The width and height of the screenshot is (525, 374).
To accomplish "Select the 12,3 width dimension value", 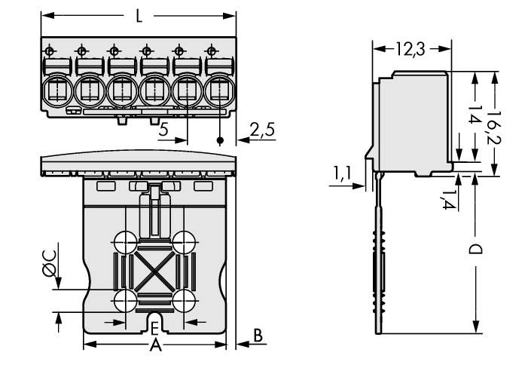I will point(411,50).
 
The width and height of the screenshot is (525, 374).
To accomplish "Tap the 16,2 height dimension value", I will point(494,124).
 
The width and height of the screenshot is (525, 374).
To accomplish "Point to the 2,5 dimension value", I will point(262,130).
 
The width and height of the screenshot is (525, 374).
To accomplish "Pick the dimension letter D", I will point(476,249).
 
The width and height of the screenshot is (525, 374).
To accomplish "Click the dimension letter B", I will point(258,336).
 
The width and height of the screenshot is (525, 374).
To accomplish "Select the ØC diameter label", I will point(48,265).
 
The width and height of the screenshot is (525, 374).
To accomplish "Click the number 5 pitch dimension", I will point(164,130).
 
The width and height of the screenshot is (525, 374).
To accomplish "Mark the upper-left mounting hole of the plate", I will point(125,242).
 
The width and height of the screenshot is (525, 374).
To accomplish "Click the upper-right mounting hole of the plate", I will point(183,242).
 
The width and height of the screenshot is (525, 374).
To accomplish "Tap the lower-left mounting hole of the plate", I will point(125,300).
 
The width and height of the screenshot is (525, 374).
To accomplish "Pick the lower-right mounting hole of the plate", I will point(183,300).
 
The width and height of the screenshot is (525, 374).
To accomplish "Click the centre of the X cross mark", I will point(154,271).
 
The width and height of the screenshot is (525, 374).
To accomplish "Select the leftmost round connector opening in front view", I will point(56,92).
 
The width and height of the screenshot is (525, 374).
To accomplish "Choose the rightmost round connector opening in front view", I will point(220,92).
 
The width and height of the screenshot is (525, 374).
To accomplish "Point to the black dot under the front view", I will point(220,141).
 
